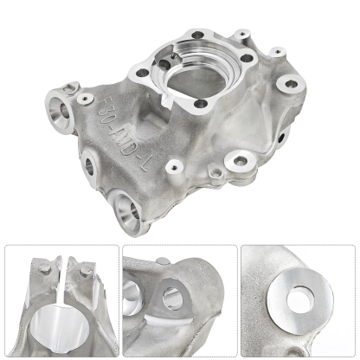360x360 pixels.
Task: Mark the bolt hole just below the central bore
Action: tap(201, 105)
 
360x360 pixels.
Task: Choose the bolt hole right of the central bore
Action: tap(247, 61)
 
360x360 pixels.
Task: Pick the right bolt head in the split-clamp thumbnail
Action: tap(85, 275)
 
